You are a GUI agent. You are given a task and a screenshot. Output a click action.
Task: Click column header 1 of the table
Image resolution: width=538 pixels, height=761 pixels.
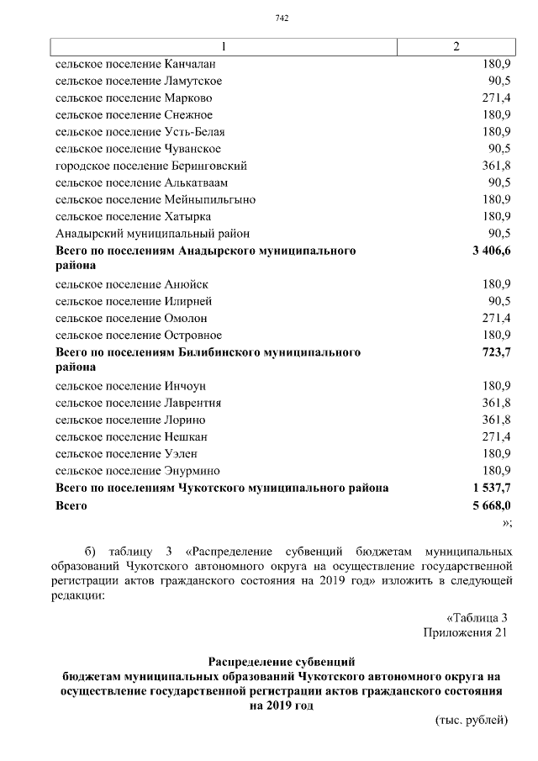pyautogui.click(x=223, y=46)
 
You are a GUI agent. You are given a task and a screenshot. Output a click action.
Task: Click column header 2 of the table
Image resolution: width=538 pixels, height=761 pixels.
pyautogui.click(x=456, y=46)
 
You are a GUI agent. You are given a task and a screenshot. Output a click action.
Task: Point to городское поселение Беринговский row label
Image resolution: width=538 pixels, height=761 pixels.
pyautogui.click(x=151, y=166)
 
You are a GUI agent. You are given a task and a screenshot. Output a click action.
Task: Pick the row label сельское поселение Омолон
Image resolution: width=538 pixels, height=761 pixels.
pyautogui.click(x=131, y=318)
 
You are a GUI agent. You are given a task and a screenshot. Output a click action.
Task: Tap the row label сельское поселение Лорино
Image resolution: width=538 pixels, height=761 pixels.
pyautogui.click(x=130, y=420)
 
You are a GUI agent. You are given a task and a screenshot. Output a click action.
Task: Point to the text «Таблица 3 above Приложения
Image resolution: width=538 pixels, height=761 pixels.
pyautogui.click(x=477, y=616)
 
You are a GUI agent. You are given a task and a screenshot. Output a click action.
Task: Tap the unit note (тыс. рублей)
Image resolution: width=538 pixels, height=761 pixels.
pyautogui.click(x=472, y=721)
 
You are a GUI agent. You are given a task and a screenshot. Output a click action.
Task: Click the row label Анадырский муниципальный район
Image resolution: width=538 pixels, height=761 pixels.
pyautogui.click(x=152, y=233)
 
